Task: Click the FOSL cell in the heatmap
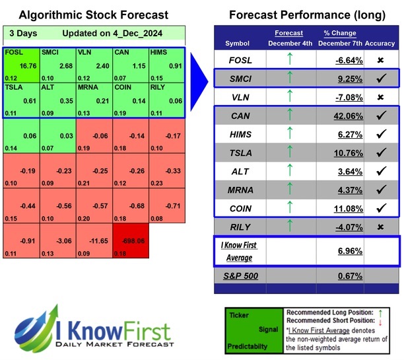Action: click(21, 65)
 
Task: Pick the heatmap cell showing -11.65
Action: click(94, 242)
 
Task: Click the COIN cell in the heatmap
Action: click(129, 101)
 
